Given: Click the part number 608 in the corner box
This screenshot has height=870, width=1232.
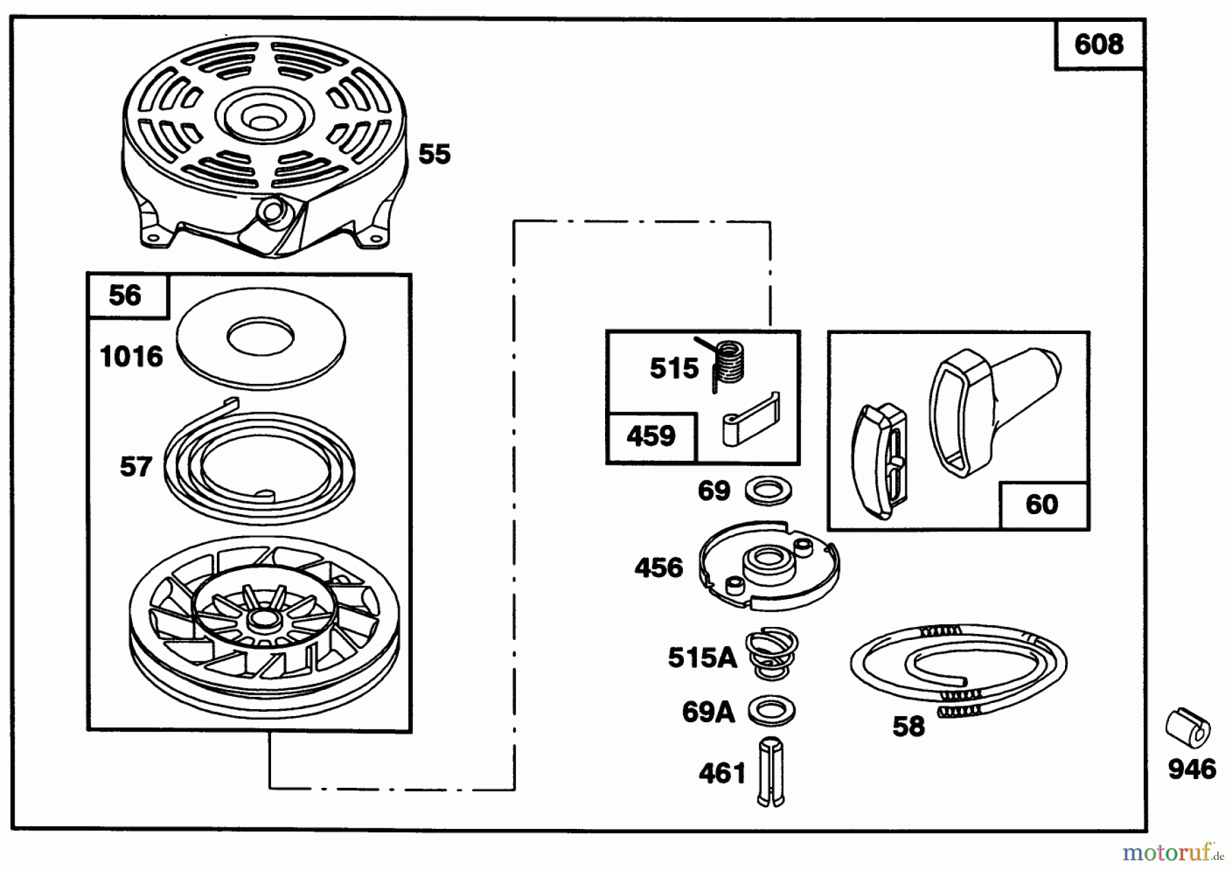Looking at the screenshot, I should [x=1099, y=44].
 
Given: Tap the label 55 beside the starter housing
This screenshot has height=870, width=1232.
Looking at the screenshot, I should [x=435, y=154].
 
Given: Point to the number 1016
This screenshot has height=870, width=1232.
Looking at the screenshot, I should [x=131, y=357].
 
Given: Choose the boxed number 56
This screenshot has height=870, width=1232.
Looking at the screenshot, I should [x=125, y=296].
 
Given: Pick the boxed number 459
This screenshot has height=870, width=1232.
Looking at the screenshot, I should [x=651, y=436].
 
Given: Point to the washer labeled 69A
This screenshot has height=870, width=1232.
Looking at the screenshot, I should [x=771, y=711].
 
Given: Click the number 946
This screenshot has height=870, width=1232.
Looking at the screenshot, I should [x=1192, y=769].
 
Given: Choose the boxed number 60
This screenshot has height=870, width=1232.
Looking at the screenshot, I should [x=1042, y=504].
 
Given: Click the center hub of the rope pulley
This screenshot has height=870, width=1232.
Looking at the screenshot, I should [x=261, y=619].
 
